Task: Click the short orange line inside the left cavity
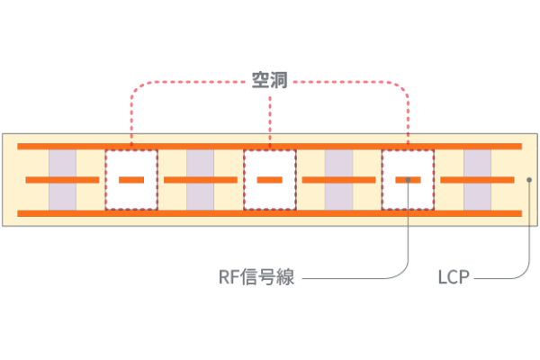point(131,180)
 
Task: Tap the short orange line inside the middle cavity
point(269,180)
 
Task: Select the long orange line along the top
point(270,146)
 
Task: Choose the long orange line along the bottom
point(270,213)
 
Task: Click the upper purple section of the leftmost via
point(62,163)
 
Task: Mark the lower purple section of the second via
point(200,196)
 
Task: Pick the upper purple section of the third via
point(338,163)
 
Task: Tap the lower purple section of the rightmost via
point(477,196)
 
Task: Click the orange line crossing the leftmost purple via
point(62,180)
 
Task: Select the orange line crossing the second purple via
point(200,180)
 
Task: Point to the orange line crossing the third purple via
point(338,180)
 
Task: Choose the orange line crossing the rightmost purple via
point(477,180)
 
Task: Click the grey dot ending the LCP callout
point(528,179)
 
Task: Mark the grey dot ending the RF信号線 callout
point(409,179)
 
